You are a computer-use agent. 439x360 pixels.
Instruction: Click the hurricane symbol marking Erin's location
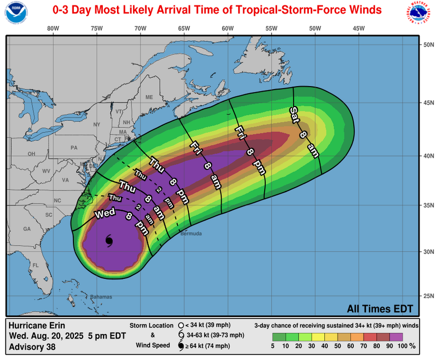pos(109,240)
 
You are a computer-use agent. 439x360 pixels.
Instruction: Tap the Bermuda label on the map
pos(190,234)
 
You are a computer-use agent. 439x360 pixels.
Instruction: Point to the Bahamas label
pos(101,297)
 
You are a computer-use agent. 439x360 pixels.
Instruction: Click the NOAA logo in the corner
pos(16,13)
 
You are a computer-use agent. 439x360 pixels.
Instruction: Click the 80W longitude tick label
pos(53,28)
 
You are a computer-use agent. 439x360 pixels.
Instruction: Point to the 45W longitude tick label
pos(359,28)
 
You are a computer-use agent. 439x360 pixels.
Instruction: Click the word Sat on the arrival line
pos(295,114)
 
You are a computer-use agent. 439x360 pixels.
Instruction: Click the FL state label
pos(35,266)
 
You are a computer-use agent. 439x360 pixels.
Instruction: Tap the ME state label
pos(149,97)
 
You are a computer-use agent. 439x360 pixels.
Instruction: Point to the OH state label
pos(31,154)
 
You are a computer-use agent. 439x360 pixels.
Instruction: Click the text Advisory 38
pos(32,347)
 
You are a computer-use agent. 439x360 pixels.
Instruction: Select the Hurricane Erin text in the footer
pos(37,325)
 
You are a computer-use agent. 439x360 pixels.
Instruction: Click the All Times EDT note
pos(380,309)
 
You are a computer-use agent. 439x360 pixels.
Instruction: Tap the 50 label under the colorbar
pos(337,346)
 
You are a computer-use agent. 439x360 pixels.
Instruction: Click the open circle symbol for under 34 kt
pos(181,325)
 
